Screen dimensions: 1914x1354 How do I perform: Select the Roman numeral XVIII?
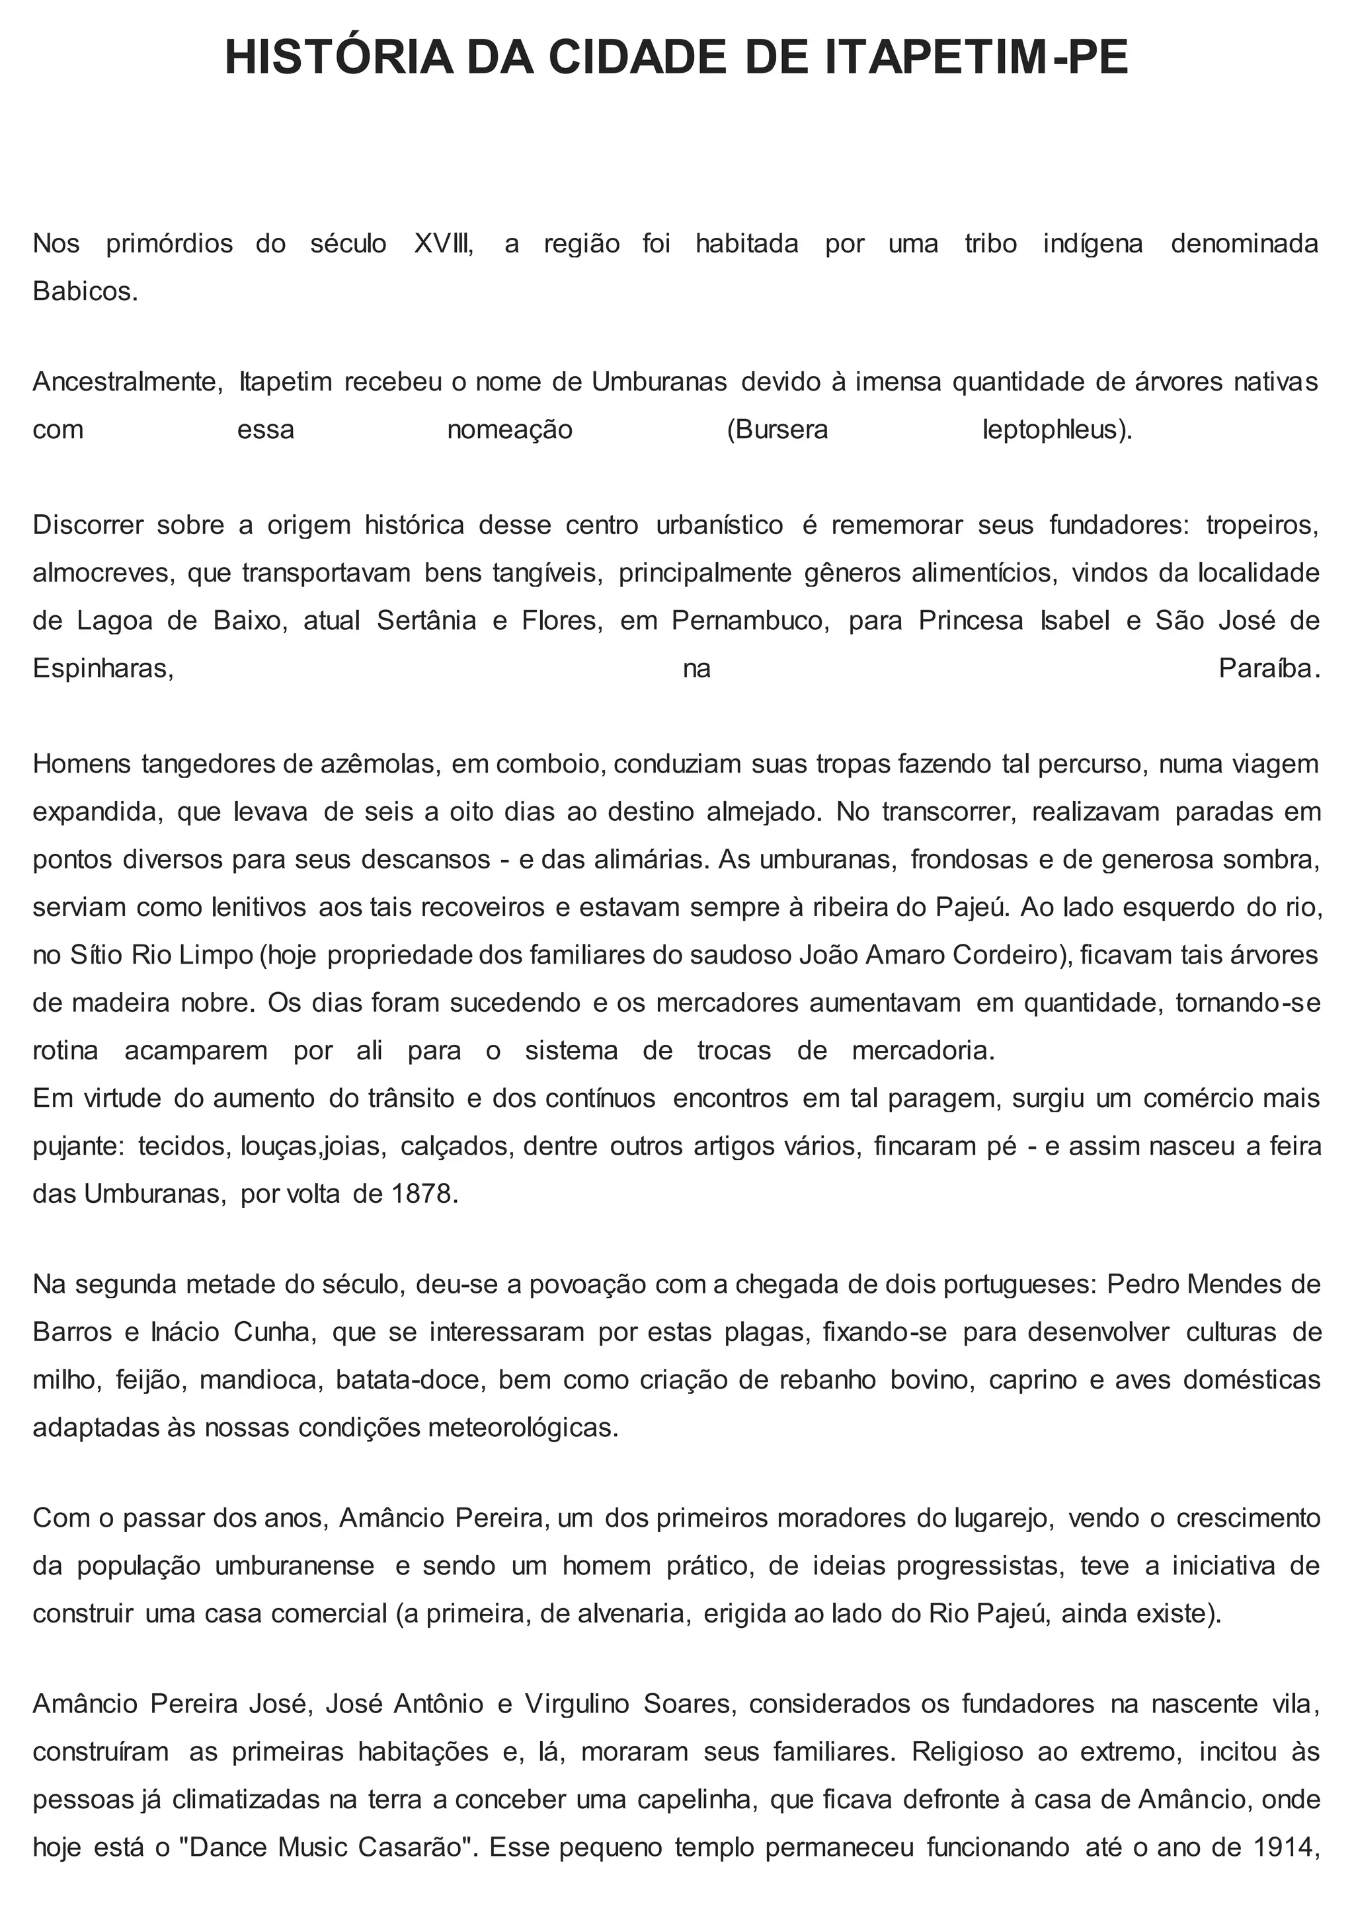click(443, 245)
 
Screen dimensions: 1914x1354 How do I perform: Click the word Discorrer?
click(87, 525)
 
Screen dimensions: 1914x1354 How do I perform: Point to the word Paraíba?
click(1265, 669)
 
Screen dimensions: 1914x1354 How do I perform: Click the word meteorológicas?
click(523, 1427)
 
